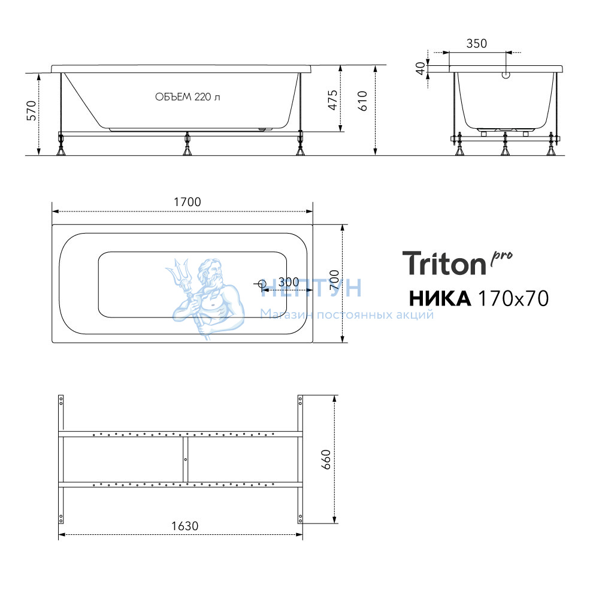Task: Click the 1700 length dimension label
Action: (187, 202)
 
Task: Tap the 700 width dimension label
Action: (334, 279)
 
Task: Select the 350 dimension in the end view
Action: (476, 44)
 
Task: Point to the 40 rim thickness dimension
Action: (420, 68)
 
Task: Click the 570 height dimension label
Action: (31, 111)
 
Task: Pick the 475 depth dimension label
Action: (332, 100)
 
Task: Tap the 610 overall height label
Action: (362, 101)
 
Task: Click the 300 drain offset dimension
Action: (289, 282)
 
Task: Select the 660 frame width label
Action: (325, 459)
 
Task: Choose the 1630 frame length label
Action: (184, 526)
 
